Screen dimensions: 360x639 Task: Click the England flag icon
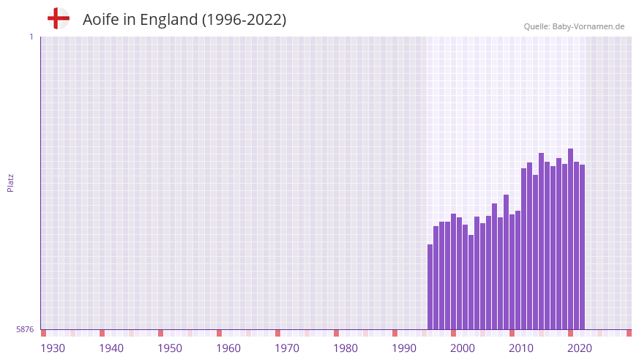tap(59, 19)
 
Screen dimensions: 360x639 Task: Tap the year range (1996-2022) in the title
tap(244, 20)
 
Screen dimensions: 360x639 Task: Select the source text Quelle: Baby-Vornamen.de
tap(574, 26)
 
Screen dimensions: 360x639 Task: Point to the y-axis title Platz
tap(10, 183)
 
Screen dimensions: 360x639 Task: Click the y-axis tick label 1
tap(31, 37)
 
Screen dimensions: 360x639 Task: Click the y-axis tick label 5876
tap(25, 330)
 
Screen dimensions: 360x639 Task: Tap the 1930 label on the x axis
tap(53, 348)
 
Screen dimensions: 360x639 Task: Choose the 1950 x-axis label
tap(170, 348)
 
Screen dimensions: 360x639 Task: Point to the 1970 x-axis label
tap(287, 348)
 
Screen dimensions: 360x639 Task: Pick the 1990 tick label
tap(404, 348)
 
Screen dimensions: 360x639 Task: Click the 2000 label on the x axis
tap(463, 348)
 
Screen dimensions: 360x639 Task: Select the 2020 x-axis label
tap(580, 348)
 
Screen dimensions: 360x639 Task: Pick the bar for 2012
tap(524, 249)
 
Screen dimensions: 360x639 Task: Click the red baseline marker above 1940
tap(102, 333)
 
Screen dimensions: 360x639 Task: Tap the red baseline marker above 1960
tap(220, 333)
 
